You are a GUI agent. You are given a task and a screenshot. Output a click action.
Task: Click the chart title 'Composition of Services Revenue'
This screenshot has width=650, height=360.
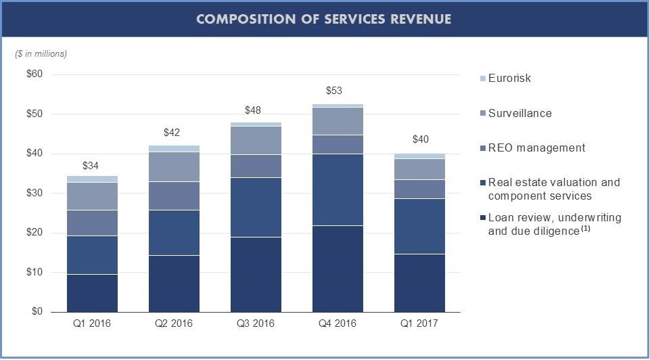tap(324, 19)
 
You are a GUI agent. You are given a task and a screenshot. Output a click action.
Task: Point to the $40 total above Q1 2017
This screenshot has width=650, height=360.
tap(419, 140)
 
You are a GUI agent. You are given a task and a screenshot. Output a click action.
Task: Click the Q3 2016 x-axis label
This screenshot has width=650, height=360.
tap(255, 323)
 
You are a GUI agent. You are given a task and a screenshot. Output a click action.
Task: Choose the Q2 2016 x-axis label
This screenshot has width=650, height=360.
tap(174, 323)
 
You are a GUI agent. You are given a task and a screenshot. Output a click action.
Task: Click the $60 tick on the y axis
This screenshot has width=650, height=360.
tap(34, 74)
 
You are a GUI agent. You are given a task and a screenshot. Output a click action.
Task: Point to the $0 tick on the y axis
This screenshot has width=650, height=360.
tap(37, 312)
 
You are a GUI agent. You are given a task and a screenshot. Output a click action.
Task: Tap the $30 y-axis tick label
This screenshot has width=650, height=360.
tap(34, 194)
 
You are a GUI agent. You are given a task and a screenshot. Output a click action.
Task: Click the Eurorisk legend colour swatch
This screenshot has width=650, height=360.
tap(482, 78)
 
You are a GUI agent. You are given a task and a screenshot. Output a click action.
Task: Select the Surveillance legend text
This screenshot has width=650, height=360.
tap(519, 114)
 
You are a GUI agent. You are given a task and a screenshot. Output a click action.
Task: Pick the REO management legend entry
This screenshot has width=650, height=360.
tap(536, 148)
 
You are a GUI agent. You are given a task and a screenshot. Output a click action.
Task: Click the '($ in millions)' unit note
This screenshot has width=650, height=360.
tap(41, 53)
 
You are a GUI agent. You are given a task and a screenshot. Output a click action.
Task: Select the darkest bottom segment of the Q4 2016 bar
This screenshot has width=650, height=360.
tap(338, 269)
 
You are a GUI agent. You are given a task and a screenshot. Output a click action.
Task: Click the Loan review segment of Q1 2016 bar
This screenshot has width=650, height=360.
tap(92, 293)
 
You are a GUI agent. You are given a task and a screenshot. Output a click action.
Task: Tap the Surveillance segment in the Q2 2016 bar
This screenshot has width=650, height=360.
tap(174, 167)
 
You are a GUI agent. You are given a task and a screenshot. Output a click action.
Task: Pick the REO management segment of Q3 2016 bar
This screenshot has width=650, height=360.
tap(256, 166)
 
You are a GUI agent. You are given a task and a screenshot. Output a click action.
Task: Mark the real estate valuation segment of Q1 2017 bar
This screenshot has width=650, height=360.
tap(419, 226)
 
